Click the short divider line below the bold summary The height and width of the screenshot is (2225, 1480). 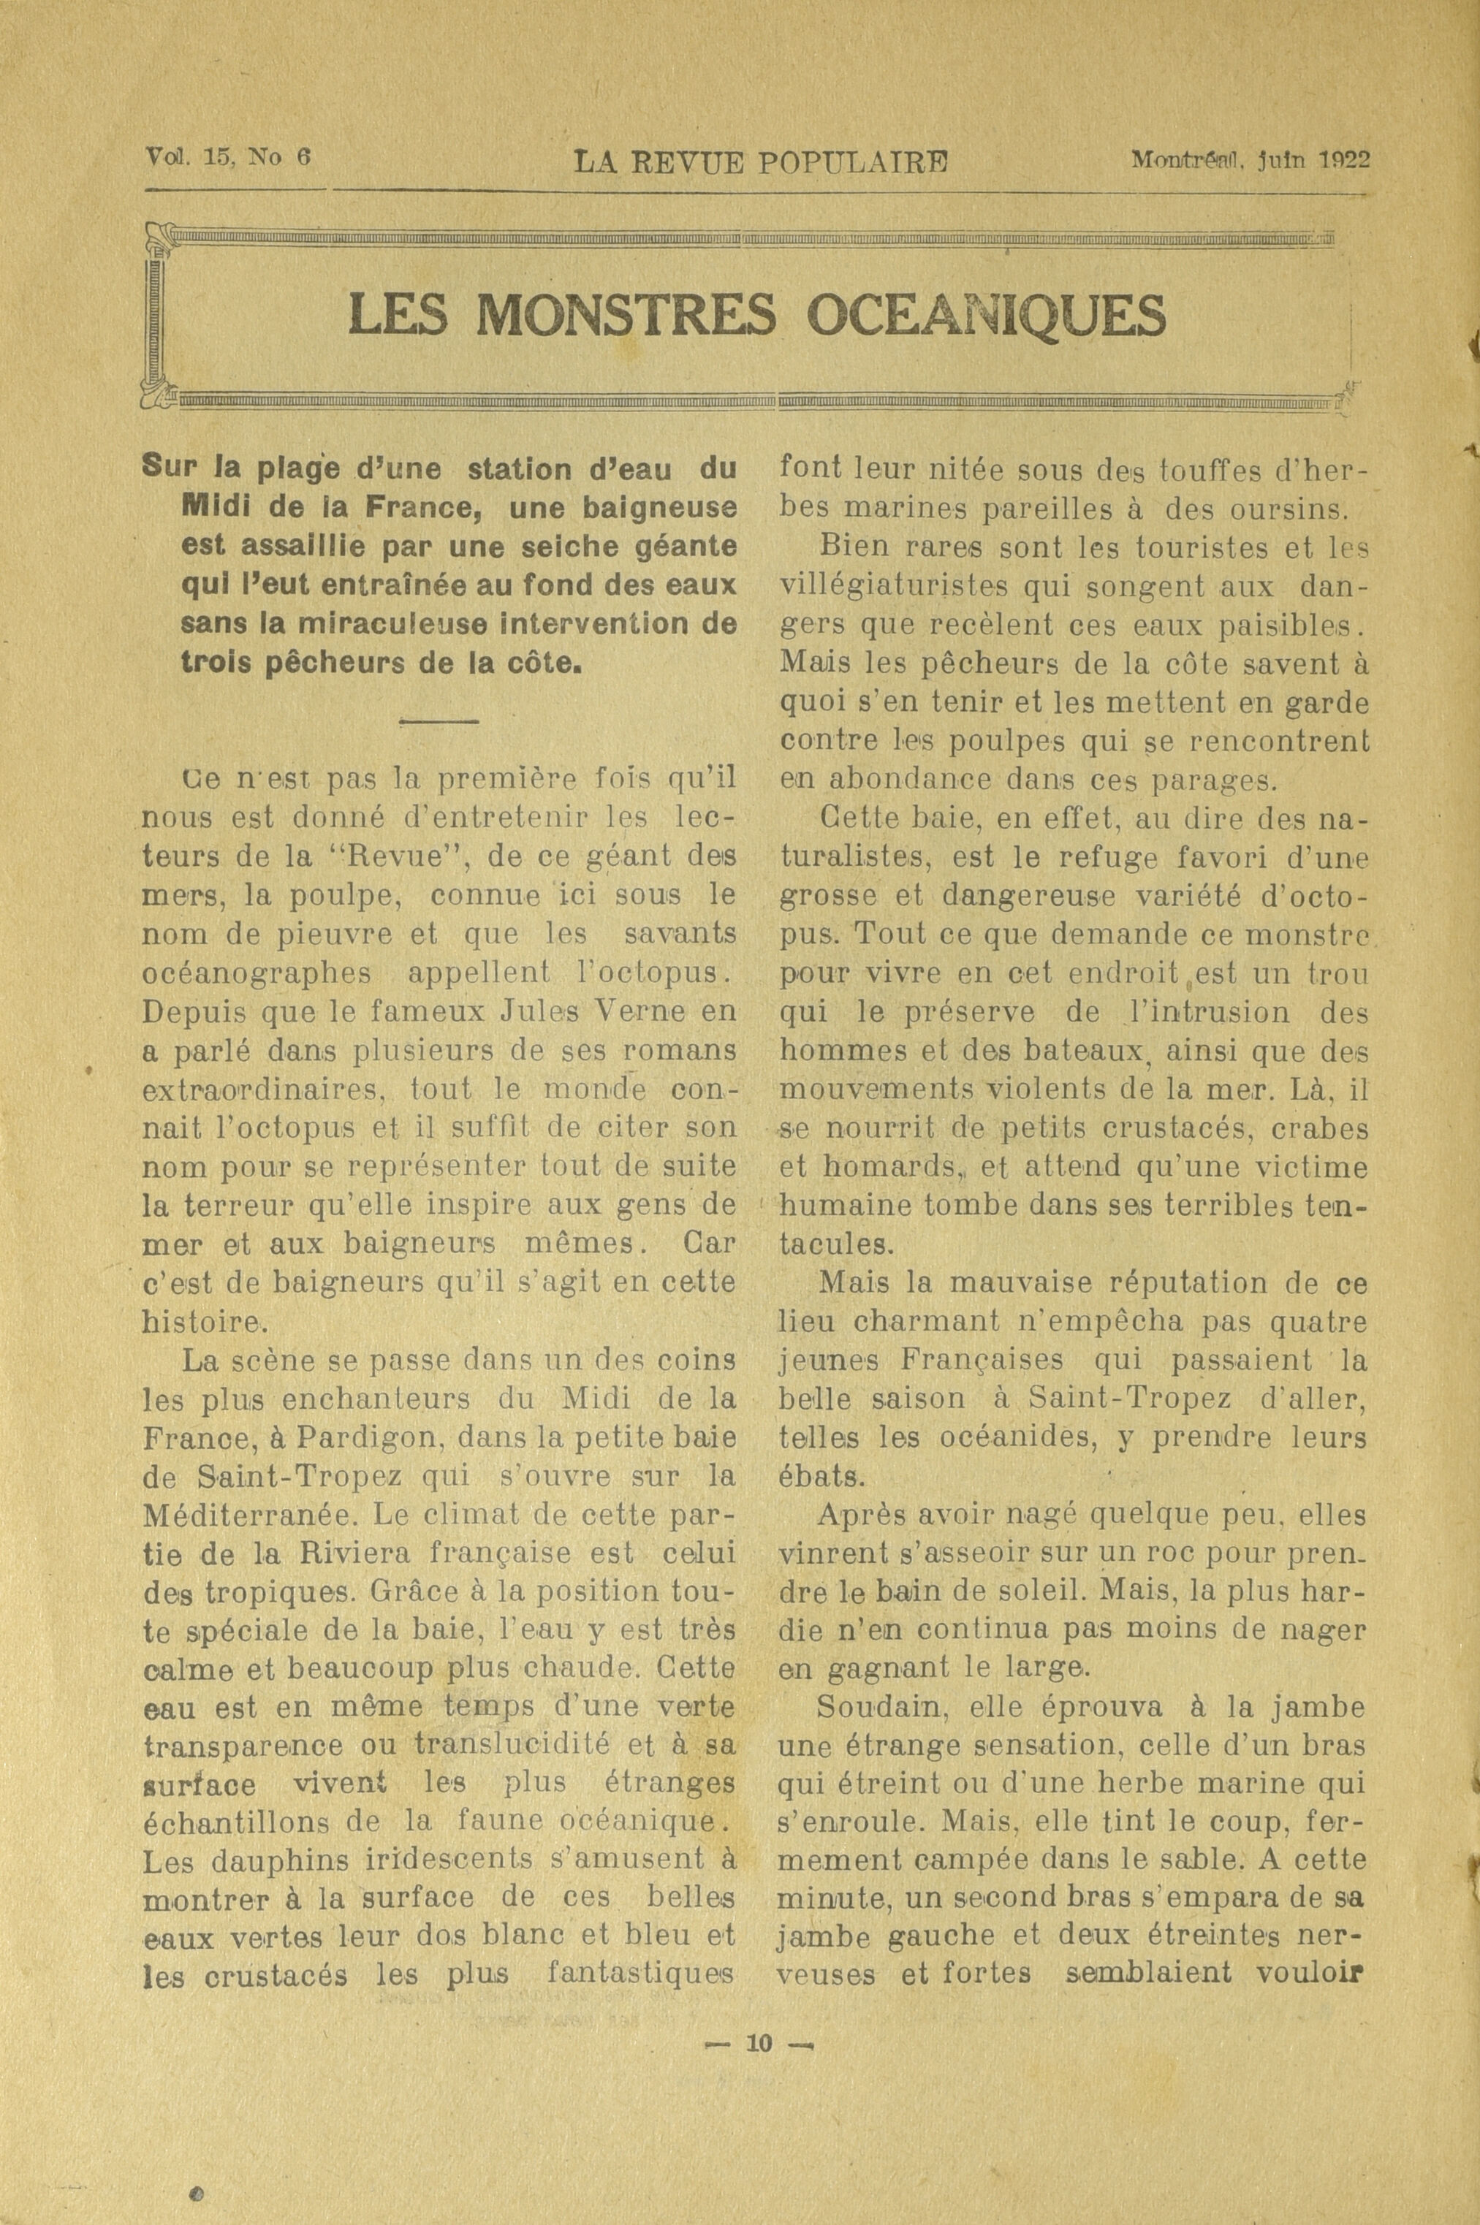point(440,723)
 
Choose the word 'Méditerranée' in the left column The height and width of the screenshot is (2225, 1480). point(246,1515)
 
